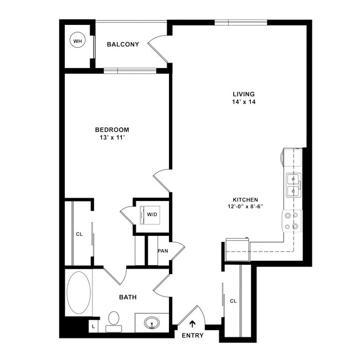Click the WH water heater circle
[77, 41]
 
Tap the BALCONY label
[122, 44]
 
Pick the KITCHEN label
[245, 199]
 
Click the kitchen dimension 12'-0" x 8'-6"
[245, 207]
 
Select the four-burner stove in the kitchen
[292, 220]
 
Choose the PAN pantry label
[163, 251]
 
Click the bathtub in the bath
[79, 292]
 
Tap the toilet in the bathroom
[114, 321]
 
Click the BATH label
[128, 297]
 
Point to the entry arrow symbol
[193, 325]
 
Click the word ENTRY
[192, 336]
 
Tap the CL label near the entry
[233, 301]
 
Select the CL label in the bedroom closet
[79, 234]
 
